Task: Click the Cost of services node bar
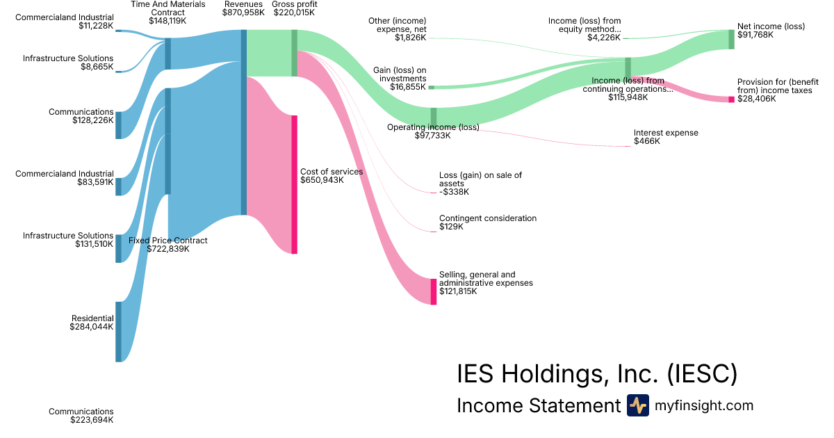pos(294,184)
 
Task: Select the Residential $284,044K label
pos(92,323)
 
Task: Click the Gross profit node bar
pos(294,53)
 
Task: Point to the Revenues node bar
pos(243,122)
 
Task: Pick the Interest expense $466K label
pos(666,137)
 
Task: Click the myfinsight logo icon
pos(637,405)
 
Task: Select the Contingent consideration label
pos(488,222)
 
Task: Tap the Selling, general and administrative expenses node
pos(434,291)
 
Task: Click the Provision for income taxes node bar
pos(731,99)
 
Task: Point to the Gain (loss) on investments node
pos(432,88)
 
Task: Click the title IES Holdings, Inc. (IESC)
pos(596,374)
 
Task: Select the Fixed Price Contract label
pos(168,245)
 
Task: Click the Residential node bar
pos(118,332)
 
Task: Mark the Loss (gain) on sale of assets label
pos(480,184)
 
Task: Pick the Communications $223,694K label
pos(81,416)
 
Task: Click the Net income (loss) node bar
pos(731,40)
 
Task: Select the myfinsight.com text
pos(704,405)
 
